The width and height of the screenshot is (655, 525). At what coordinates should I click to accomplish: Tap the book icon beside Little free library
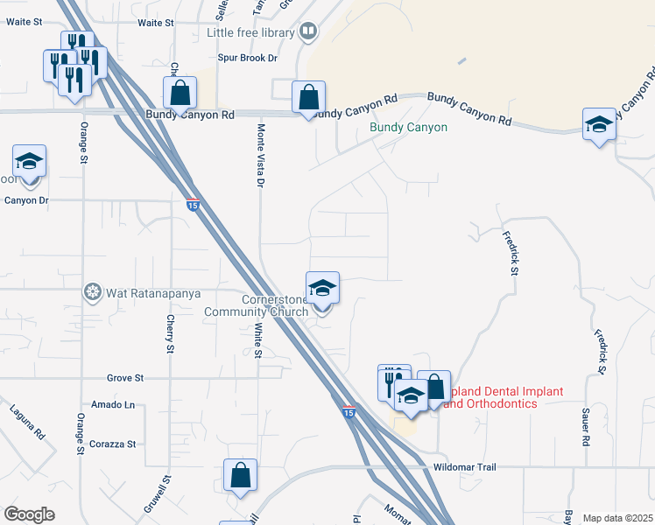click(307, 33)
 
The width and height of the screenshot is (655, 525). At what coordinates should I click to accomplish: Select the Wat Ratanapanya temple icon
click(92, 291)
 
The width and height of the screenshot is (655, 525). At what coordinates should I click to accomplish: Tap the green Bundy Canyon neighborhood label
click(408, 128)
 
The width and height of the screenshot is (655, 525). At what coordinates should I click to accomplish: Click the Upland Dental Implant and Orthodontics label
click(500, 397)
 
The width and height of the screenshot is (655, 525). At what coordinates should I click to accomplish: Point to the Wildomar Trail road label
click(464, 467)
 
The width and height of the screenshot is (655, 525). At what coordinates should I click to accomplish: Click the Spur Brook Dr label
click(248, 58)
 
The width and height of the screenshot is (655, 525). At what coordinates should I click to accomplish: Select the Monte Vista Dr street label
click(260, 155)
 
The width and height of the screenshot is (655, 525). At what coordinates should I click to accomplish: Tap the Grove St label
click(125, 378)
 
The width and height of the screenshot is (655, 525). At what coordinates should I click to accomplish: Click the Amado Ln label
click(117, 404)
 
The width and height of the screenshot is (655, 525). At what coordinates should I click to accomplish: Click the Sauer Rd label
click(585, 428)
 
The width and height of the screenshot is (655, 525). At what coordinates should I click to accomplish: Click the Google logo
click(29, 514)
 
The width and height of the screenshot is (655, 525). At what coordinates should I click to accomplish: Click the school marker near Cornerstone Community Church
click(322, 289)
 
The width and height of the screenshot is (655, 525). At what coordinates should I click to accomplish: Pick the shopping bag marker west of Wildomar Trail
click(240, 476)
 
